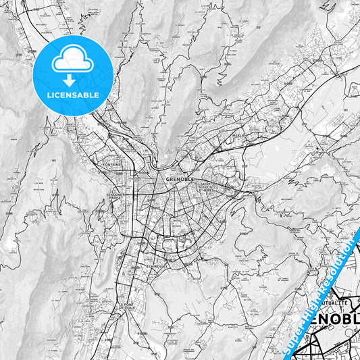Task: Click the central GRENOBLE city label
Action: coord(180,179)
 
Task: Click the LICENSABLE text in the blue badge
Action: coord(73,95)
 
